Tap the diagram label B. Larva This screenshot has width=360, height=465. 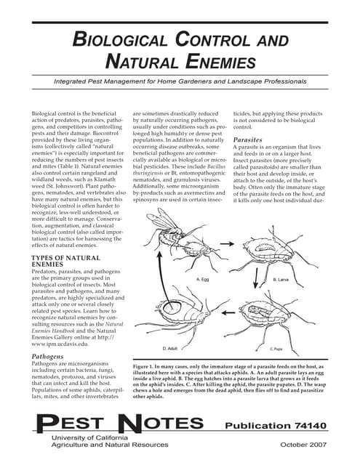[x=281, y=279]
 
